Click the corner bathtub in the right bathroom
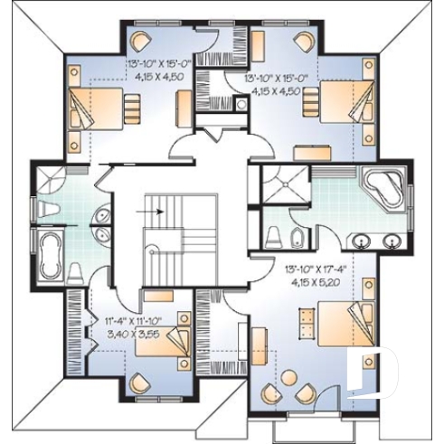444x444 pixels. click(x=381, y=187)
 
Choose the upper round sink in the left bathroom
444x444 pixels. click(x=101, y=214)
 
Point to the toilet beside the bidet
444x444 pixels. click(x=274, y=237)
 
